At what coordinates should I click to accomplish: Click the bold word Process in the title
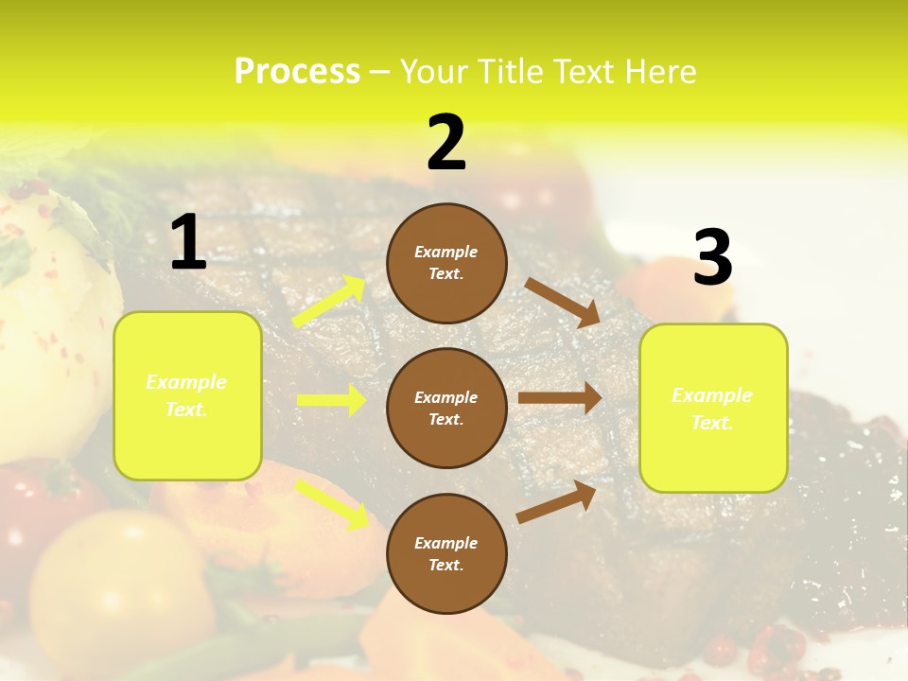click(x=297, y=72)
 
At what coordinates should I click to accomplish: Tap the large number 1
click(x=188, y=243)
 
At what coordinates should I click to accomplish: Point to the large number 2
click(x=446, y=143)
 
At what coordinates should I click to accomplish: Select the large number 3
click(x=712, y=258)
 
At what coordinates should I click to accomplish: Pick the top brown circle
click(x=446, y=263)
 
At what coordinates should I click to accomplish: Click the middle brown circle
click(x=446, y=408)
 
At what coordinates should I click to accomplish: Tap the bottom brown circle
click(x=446, y=553)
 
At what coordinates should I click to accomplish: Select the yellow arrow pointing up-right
click(x=329, y=302)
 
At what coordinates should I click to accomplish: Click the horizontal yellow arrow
click(x=331, y=400)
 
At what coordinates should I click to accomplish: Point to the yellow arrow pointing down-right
click(x=332, y=504)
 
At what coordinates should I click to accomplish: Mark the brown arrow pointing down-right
click(x=563, y=303)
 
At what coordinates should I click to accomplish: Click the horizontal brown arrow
click(x=560, y=398)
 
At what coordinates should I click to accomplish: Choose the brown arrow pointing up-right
click(x=556, y=502)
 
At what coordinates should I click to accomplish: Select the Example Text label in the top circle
click(x=446, y=263)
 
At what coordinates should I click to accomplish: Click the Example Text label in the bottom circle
click(x=446, y=554)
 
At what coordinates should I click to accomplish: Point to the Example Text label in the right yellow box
click(x=712, y=409)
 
